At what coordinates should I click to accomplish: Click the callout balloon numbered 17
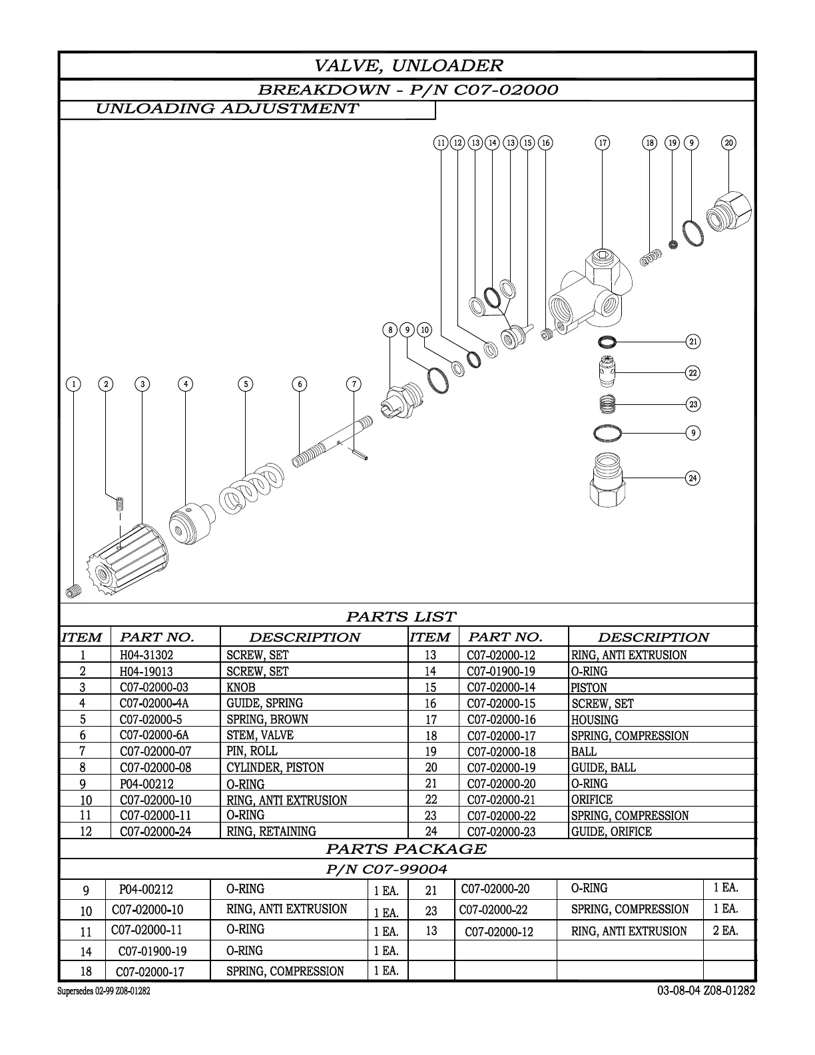[x=602, y=143]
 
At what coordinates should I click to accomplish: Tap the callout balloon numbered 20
[x=729, y=143]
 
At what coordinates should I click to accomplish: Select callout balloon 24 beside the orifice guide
[x=693, y=478]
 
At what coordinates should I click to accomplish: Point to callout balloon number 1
[x=74, y=384]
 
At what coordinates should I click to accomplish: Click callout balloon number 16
[x=545, y=143]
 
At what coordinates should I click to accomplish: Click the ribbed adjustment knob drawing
[x=130, y=557]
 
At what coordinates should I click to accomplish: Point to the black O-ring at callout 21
[x=607, y=342]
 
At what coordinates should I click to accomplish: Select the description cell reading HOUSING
[x=595, y=720]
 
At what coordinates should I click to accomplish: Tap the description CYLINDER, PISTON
[x=275, y=767]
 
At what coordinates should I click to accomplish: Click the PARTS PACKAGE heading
[x=406, y=849]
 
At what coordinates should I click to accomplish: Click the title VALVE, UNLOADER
[x=408, y=65]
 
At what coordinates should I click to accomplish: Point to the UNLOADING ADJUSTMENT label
[x=227, y=109]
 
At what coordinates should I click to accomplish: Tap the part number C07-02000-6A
[x=154, y=735]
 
